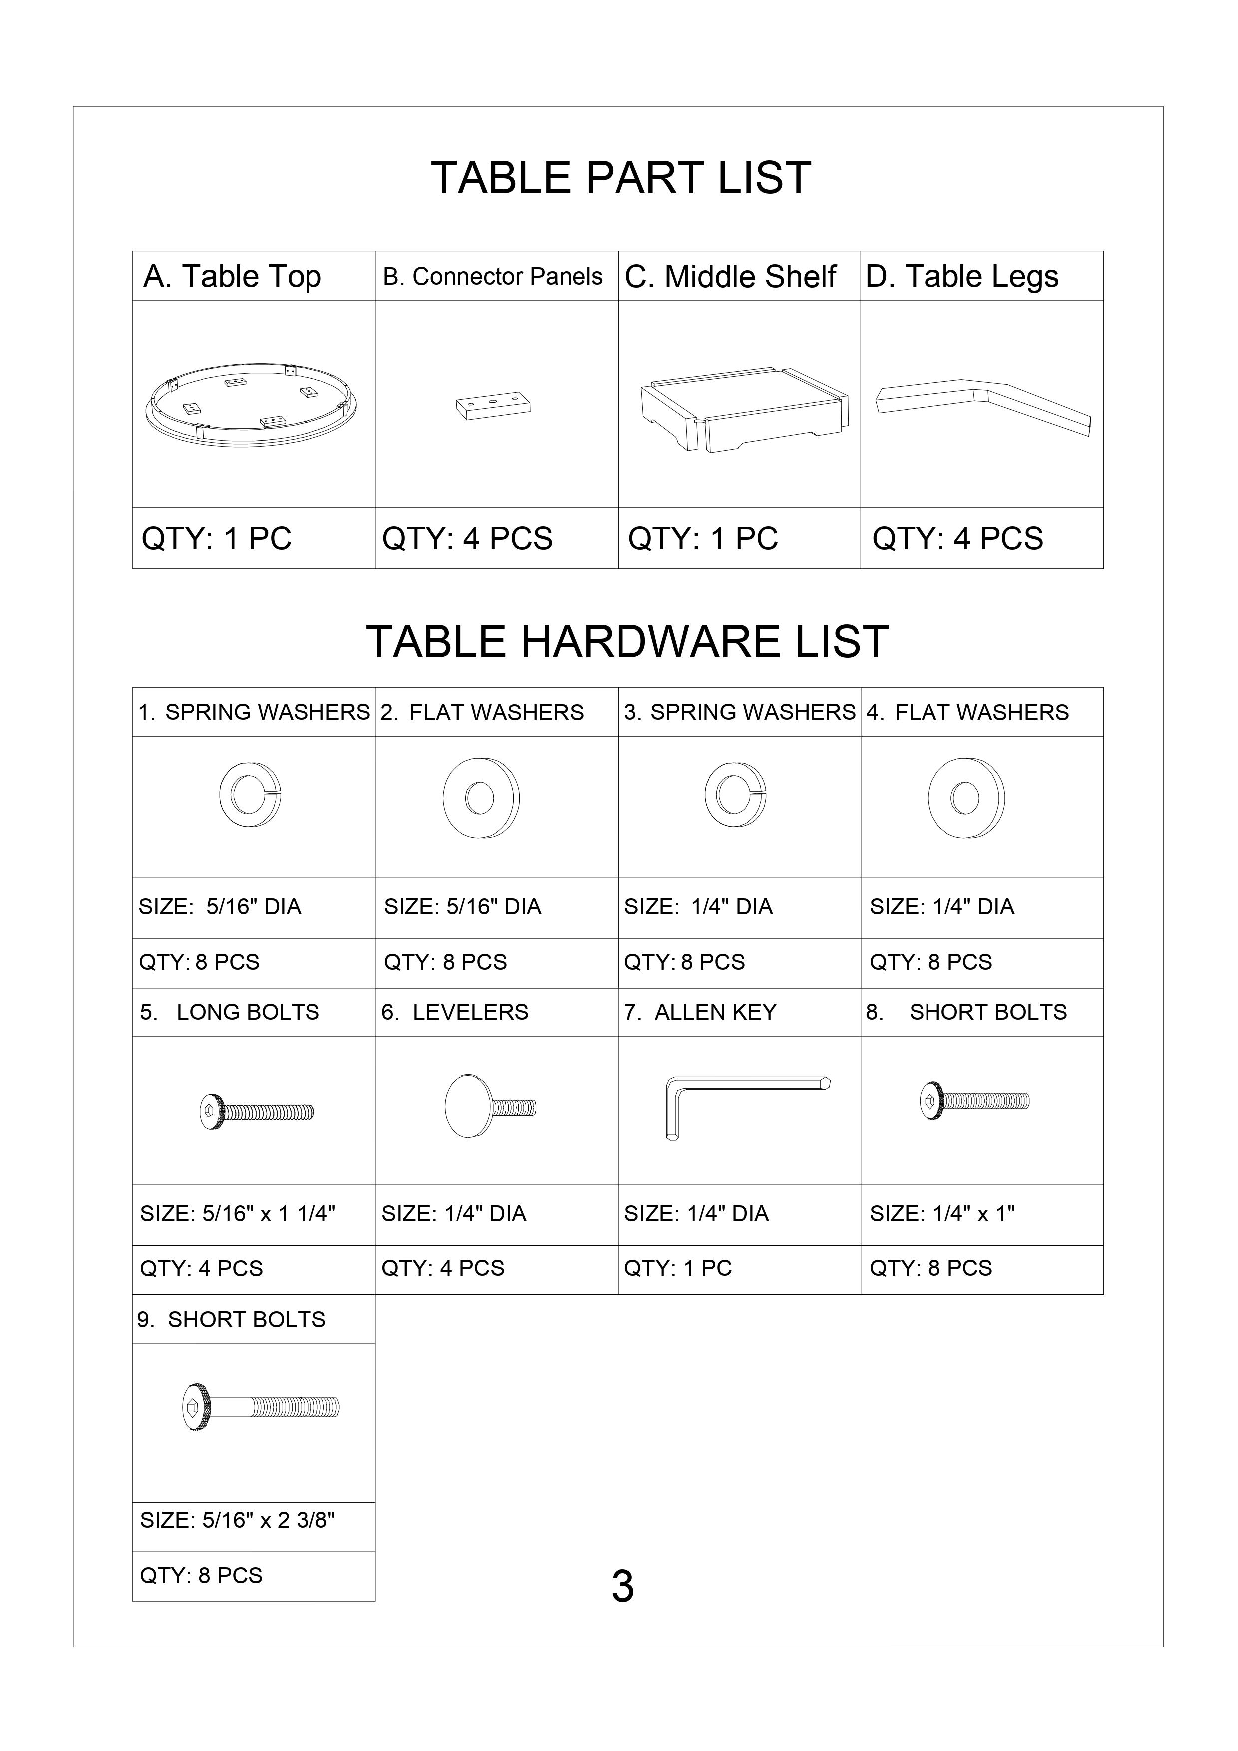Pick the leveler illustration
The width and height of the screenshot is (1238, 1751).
pyautogui.click(x=490, y=1106)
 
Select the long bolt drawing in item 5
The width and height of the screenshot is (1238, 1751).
pyautogui.click(x=256, y=1111)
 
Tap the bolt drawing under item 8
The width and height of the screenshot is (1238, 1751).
pyautogui.click(x=974, y=1100)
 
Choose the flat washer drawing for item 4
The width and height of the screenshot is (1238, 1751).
pyautogui.click(x=965, y=798)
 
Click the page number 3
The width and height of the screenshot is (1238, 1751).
pyautogui.click(x=622, y=1587)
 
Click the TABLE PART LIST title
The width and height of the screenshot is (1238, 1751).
pyautogui.click(x=621, y=178)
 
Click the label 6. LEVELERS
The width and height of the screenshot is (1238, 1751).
pyautogui.click(x=455, y=1012)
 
